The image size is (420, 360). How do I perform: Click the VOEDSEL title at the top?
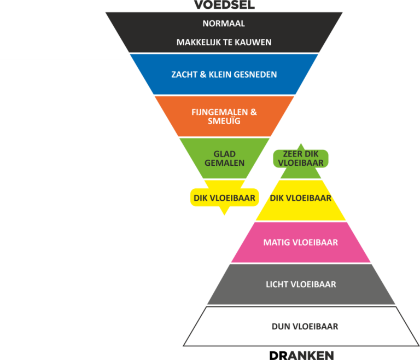224,5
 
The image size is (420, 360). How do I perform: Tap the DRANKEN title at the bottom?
302,356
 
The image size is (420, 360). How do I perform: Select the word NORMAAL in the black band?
224,24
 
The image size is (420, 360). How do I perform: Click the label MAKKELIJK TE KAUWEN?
224,42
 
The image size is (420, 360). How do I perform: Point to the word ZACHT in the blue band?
184,74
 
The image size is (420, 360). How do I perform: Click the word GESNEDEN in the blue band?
255,74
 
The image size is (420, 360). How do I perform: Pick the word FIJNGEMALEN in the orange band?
220,112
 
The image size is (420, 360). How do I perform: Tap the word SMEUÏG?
224,121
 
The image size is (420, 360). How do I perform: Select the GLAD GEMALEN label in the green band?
224,159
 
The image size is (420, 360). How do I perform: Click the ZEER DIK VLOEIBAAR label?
301,159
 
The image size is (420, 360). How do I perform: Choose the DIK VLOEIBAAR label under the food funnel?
224,198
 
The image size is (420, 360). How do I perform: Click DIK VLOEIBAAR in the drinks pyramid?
301,198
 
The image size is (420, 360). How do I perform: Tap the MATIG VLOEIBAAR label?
301,242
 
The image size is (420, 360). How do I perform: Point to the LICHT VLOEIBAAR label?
301,284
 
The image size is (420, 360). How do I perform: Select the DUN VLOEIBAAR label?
305,327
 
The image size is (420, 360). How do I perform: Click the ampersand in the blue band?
203,74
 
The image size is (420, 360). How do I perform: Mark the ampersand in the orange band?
253,112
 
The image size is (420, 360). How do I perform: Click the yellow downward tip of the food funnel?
224,214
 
